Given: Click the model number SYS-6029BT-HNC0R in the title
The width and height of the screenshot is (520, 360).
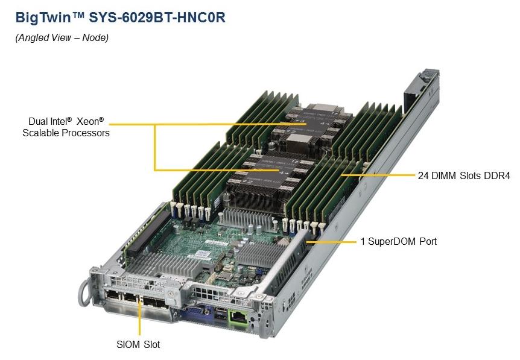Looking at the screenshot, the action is click(x=157, y=17).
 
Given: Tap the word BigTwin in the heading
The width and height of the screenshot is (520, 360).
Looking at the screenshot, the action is click(x=43, y=17).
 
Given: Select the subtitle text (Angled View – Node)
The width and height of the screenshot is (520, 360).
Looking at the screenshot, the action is click(x=62, y=37).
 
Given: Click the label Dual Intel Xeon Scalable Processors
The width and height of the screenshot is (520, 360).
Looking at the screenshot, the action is click(x=66, y=127).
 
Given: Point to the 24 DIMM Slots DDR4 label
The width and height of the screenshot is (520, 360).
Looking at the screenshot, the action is click(x=464, y=175).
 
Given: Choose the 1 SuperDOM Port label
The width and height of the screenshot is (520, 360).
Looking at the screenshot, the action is click(x=398, y=241).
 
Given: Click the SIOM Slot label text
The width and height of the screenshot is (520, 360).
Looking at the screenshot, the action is click(x=138, y=344).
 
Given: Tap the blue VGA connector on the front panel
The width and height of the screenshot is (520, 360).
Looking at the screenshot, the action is click(x=197, y=312).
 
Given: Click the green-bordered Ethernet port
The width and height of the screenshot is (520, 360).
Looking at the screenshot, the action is click(x=238, y=318).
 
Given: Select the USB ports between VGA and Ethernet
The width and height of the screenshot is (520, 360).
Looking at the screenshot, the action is click(x=220, y=314).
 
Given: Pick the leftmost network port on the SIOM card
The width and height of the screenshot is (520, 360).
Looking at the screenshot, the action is click(x=112, y=295).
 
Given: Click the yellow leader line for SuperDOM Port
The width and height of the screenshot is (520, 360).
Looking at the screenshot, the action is click(x=331, y=242).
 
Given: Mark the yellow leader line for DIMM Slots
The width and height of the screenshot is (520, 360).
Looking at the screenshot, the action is click(x=378, y=174).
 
